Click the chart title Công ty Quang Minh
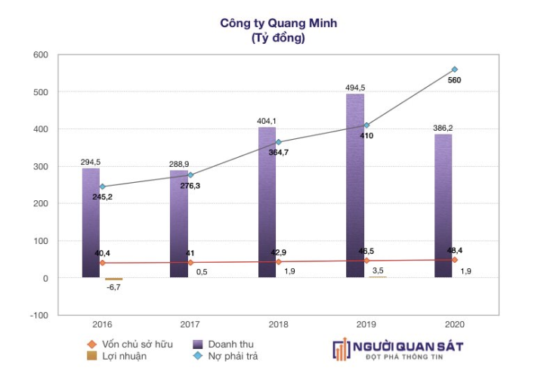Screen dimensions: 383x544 pyautogui.click(x=279, y=23)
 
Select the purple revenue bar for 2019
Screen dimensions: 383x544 pyautogui.click(x=355, y=189)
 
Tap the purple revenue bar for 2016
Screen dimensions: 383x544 pyautogui.click(x=91, y=227)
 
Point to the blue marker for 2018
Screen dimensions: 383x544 pyautogui.click(x=279, y=142)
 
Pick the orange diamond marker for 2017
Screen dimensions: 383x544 pyautogui.click(x=190, y=263)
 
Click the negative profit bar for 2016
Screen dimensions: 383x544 pyautogui.click(x=113, y=280)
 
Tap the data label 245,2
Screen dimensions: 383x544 pyautogui.click(x=103, y=197)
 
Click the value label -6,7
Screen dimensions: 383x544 pyautogui.click(x=113, y=288)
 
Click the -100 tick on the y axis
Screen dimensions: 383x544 pyautogui.click(x=38, y=315)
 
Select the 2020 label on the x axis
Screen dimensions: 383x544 pyautogui.click(x=454, y=324)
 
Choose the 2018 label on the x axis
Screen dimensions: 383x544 pyautogui.click(x=279, y=324)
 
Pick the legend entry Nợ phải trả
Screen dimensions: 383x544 pyautogui.click(x=231, y=356)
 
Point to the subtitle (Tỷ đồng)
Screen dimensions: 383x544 pyautogui.click(x=279, y=38)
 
